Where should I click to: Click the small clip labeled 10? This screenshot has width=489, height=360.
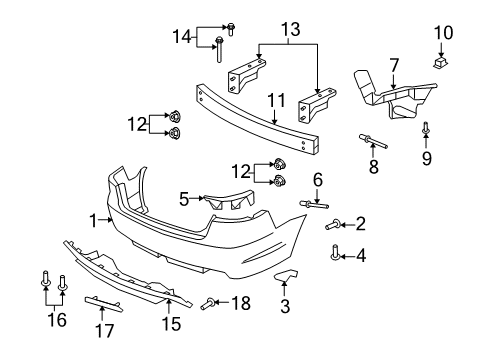439,64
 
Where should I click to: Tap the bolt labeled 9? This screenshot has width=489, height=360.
427,128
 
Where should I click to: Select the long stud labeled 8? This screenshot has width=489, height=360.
366,137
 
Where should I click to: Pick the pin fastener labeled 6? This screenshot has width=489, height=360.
307,204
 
